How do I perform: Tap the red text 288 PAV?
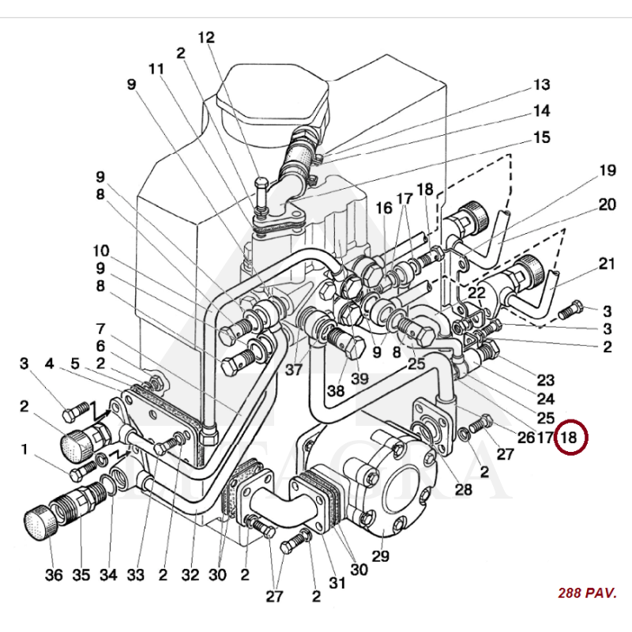[x=586, y=592]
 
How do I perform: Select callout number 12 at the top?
[x=206, y=37]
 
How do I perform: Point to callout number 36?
[x=53, y=575]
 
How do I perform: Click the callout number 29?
[x=381, y=557]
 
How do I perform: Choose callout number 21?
[x=606, y=264]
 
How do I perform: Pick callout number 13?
[x=541, y=85]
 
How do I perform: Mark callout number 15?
[x=541, y=137]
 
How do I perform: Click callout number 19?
[x=606, y=170]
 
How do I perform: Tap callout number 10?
[x=100, y=251]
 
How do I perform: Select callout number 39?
[x=359, y=378]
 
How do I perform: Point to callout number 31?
[x=337, y=584]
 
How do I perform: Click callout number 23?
[x=545, y=379]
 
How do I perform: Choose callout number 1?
[x=24, y=449]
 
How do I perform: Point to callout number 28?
[x=463, y=490]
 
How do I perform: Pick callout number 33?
[x=135, y=575]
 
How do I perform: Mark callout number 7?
[x=100, y=327]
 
